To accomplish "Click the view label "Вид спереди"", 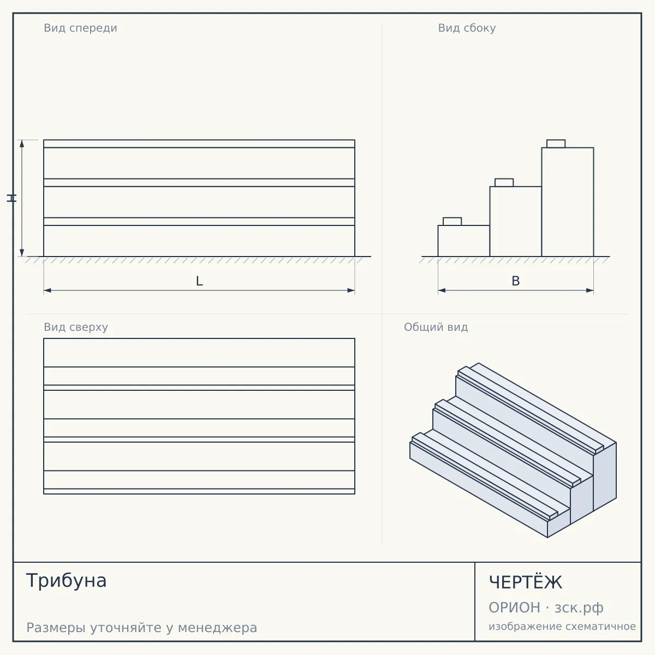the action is [81, 28].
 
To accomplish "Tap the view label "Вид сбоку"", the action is [467, 28].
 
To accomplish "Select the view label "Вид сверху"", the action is [76, 327].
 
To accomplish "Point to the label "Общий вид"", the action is [436, 327].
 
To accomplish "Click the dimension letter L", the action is [200, 281].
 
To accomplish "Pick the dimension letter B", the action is [516, 281].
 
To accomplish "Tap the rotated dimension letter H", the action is [11, 198].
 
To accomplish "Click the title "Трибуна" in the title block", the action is [66, 581].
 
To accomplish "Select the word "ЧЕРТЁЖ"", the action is [526, 582].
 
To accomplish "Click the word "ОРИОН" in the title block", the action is [514, 608].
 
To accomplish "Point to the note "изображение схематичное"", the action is [562, 627].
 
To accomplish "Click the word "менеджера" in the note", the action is [218, 628].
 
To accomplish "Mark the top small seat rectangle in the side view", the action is [556, 144].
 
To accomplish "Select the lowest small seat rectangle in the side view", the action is [452, 222].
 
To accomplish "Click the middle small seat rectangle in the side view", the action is [504, 182].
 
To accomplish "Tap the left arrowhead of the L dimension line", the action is [47, 290].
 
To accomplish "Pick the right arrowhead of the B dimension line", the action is [589, 290].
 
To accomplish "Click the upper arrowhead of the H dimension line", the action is [22, 144].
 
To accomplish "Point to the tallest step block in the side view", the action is [568, 202].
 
